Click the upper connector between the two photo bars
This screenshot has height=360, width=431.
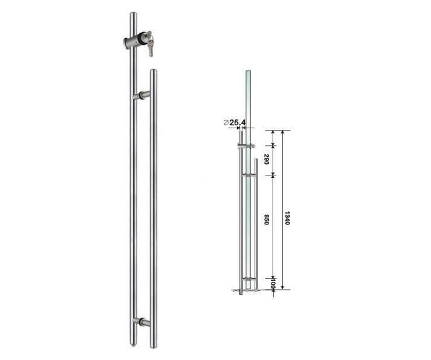tap(143, 95)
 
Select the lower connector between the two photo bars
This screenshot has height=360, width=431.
tap(143, 322)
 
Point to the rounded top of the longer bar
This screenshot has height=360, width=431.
tap(134, 15)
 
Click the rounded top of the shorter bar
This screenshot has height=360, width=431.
tap(153, 73)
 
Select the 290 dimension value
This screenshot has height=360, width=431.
tap(267, 160)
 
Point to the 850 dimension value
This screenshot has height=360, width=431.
tap(267, 220)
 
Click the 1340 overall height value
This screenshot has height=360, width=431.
tap(288, 218)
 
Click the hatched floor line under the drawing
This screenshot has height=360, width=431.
tap(248, 292)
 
